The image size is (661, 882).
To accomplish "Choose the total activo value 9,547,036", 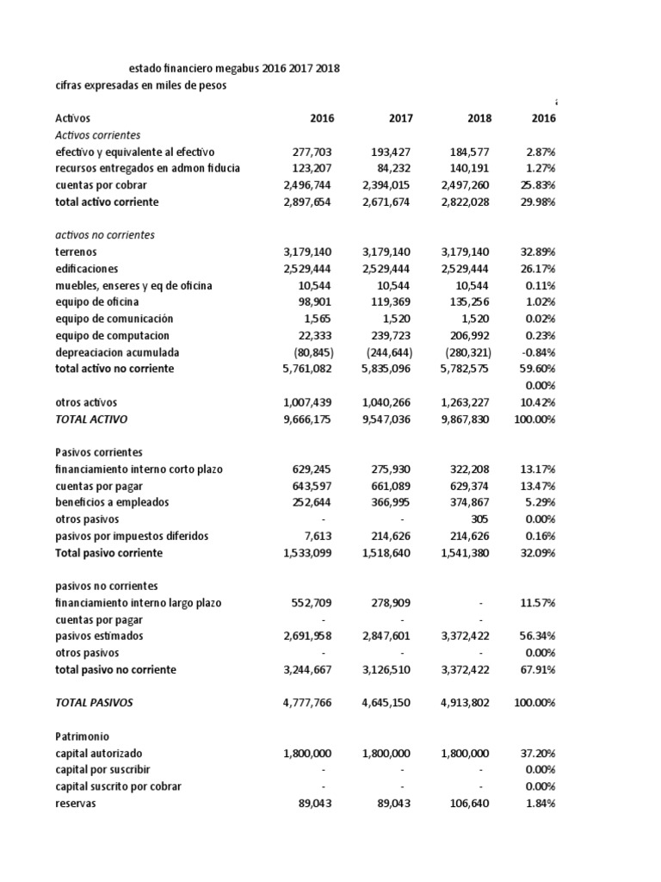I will click(x=387, y=419).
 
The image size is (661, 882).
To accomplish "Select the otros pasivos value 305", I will click(x=480, y=519).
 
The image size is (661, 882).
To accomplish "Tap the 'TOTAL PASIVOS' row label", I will click(x=94, y=703).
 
